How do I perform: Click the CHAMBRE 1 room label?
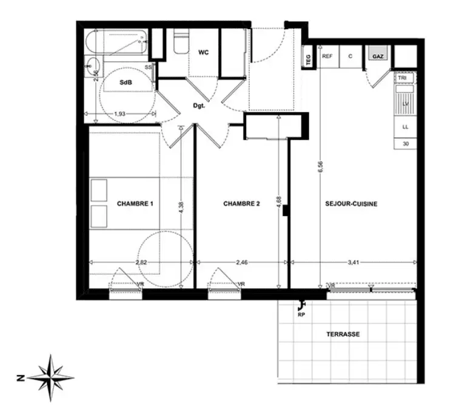[135, 204]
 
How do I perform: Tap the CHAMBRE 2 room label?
[241, 204]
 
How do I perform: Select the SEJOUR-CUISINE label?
[351, 204]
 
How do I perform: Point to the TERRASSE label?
[343, 334]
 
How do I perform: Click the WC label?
[203, 52]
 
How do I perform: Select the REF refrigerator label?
[327, 56]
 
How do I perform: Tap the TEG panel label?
[308, 58]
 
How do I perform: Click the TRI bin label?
[403, 78]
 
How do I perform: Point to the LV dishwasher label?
[404, 104]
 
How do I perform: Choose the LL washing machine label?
[404, 127]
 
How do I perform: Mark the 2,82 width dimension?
[141, 262]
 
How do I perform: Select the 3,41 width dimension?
[352, 262]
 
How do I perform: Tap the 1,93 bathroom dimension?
[121, 114]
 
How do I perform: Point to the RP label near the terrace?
[300, 315]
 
